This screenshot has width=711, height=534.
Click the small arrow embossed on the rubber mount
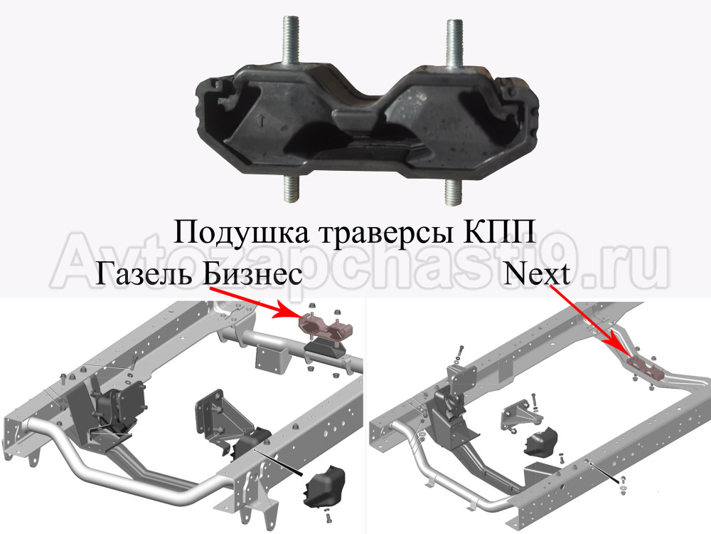[x=260, y=120]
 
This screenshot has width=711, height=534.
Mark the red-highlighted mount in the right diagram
[x=646, y=367]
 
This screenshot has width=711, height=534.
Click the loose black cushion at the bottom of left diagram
[x=325, y=486]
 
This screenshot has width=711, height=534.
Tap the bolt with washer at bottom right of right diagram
[x=623, y=484]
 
